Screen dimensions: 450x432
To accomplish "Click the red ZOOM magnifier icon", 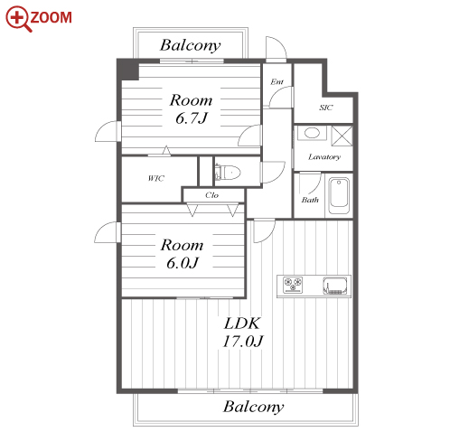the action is click(18, 18).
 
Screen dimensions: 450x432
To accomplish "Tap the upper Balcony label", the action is click(190, 45).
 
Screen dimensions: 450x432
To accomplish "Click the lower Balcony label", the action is click(253, 407).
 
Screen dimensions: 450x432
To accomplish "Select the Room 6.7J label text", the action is click(191, 109).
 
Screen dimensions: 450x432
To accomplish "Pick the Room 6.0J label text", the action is click(182, 254).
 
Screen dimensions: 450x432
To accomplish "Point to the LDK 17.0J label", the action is click(243, 333).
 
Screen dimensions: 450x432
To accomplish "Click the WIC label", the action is click(156, 178).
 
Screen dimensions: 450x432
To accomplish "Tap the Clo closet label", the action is click(211, 195).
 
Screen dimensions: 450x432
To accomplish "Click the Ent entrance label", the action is click(277, 81).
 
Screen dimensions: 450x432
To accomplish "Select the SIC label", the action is click(326, 108).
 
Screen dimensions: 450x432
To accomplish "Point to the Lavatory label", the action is click(324, 157).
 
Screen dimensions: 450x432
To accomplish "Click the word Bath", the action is click(310, 200).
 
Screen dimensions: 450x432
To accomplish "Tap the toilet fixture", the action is click(228, 173).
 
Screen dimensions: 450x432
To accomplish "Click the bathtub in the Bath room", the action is click(339, 195).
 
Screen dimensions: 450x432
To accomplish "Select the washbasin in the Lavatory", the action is click(312, 133).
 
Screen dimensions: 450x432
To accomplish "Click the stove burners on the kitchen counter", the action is click(293, 285).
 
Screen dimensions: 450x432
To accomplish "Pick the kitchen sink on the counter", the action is click(334, 286).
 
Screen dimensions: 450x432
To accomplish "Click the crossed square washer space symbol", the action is click(342, 136).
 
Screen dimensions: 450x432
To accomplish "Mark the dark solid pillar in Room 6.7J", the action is click(128, 70).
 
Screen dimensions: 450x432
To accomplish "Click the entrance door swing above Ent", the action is click(276, 49).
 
